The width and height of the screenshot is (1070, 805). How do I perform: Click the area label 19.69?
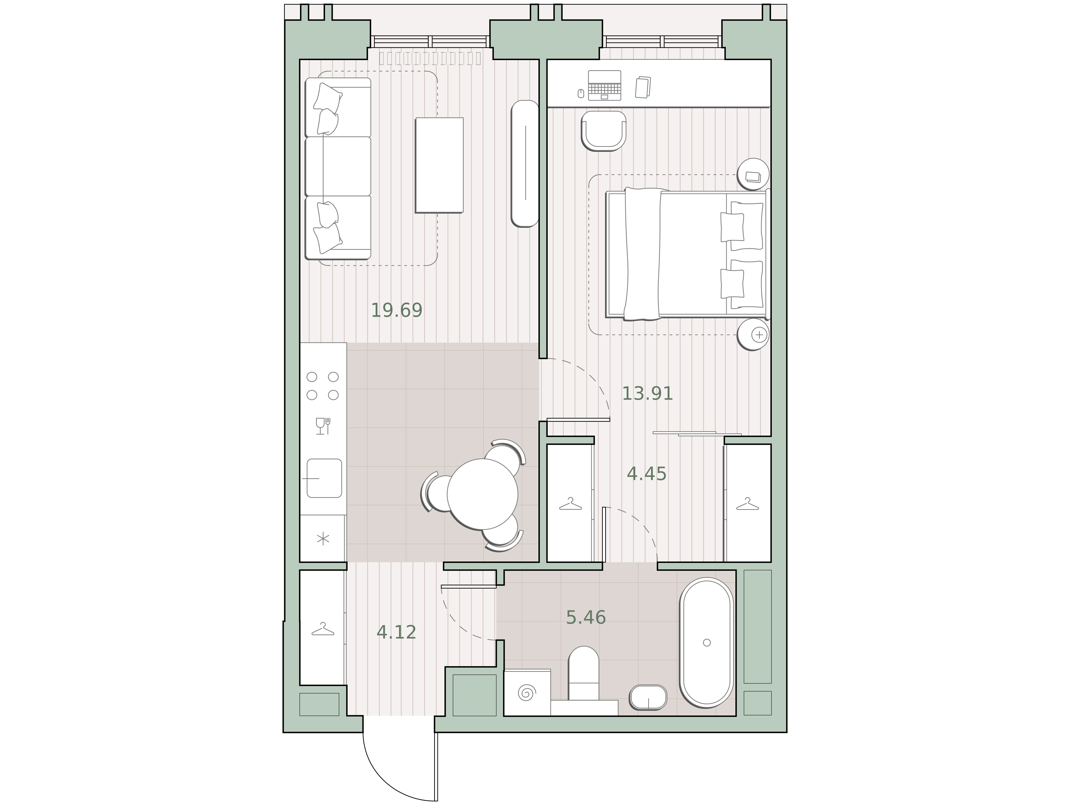point(397,310)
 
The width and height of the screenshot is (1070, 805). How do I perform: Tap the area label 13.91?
point(647,393)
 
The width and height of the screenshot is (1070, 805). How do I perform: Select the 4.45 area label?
point(647,474)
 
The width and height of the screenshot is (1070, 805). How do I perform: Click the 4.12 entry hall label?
point(396,632)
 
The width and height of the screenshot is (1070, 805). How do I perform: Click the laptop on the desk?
point(605,85)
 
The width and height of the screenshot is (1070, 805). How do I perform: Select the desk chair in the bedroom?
point(604,131)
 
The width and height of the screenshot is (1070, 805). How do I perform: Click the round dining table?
point(482,494)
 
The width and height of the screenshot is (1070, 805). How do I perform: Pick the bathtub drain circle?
point(707,643)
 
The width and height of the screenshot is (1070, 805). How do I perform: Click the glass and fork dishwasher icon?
point(323,426)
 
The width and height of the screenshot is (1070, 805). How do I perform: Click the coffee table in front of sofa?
point(439,165)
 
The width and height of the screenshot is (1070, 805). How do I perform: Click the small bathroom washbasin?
point(648,698)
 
